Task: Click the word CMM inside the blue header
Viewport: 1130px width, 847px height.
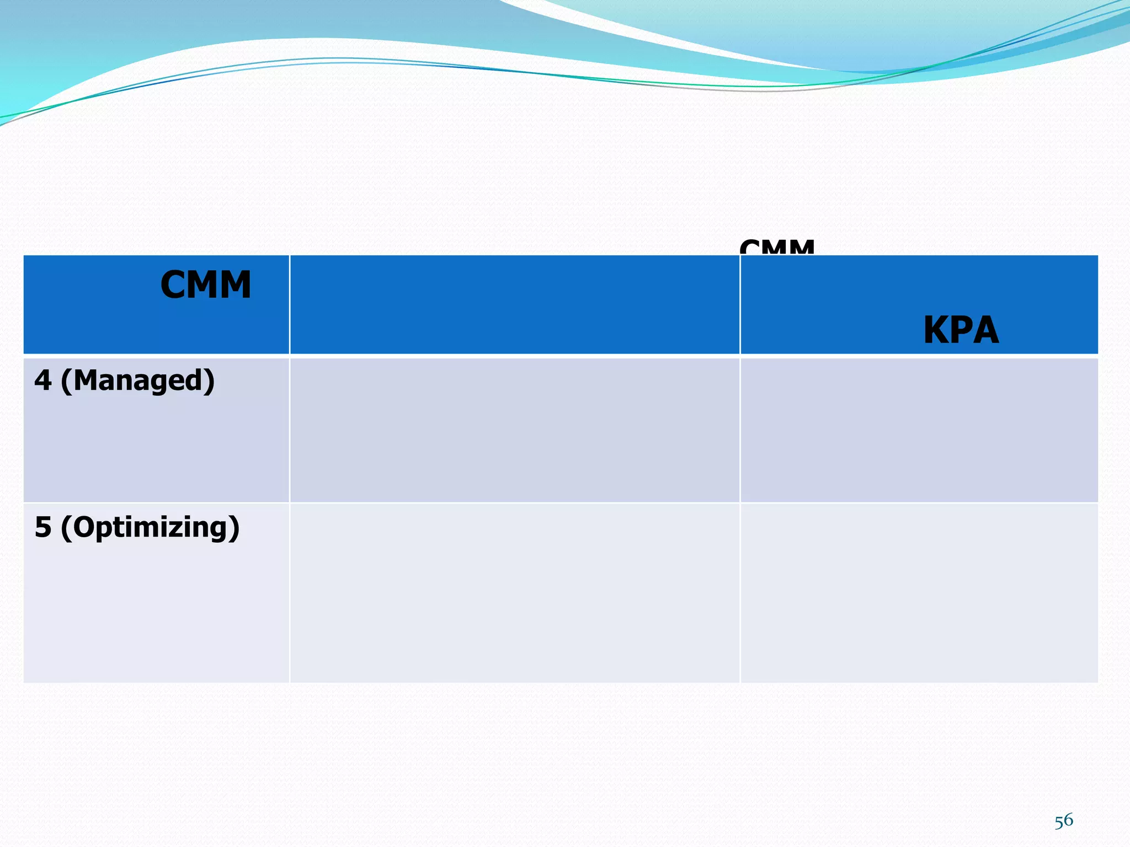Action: [206, 285]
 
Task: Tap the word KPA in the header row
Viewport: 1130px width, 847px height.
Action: [961, 331]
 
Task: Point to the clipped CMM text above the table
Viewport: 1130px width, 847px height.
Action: [777, 248]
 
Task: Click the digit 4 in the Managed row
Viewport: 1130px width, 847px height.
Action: [42, 380]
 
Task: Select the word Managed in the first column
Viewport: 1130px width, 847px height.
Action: [138, 380]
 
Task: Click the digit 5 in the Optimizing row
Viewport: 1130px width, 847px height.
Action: [42, 527]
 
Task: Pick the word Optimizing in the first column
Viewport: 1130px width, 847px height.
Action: [150, 527]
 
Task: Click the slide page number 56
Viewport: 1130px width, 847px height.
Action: [1063, 821]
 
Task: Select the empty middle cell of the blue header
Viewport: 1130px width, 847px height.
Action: [514, 304]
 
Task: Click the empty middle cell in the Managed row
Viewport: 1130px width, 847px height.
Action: [514, 430]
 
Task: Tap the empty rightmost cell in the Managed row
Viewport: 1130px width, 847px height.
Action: [919, 430]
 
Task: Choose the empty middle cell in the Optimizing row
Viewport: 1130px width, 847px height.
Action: [514, 593]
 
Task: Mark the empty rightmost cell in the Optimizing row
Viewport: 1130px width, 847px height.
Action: [919, 593]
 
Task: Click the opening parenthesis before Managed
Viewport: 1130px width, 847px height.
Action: [66, 382]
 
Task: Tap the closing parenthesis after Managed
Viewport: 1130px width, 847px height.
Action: [209, 382]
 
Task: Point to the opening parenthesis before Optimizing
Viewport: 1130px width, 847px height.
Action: [66, 528]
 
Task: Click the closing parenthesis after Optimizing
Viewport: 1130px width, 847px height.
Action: [234, 528]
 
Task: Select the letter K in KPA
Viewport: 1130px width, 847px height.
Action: [936, 331]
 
